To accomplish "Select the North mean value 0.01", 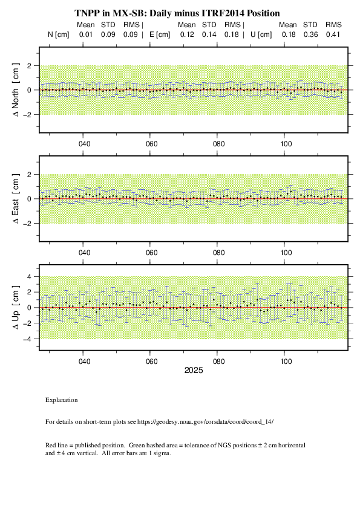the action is (x=86, y=34).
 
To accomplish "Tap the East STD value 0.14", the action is (x=209, y=34).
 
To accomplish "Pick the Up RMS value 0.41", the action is (x=333, y=34).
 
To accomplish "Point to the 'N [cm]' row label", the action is (x=59, y=34).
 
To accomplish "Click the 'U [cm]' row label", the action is (x=261, y=34).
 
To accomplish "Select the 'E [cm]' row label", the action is (x=160, y=34).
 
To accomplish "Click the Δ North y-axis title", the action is (x=16, y=90).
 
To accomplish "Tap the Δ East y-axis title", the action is (x=16, y=199).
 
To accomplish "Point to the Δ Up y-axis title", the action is (x=16, y=308).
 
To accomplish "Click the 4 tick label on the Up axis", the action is (x=29, y=277).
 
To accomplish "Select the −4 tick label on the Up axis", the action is (x=27, y=339).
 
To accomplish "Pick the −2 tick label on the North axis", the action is (x=27, y=115).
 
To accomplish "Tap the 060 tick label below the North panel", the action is (x=151, y=144).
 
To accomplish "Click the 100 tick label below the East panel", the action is (x=286, y=253).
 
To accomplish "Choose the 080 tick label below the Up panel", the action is (x=218, y=361).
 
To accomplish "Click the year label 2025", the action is (x=194, y=371).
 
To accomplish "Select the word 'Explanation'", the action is (x=61, y=400).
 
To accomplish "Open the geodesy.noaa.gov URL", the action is (x=205, y=422).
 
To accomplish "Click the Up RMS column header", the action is (x=334, y=25).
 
